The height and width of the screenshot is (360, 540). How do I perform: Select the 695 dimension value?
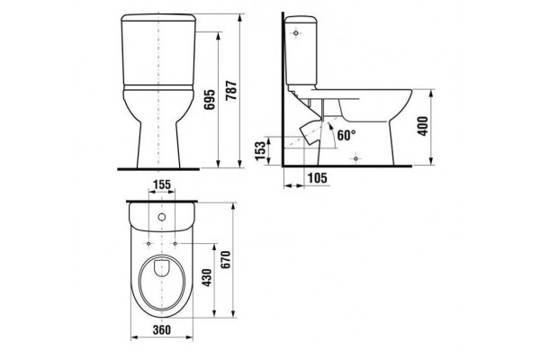tap(210, 100)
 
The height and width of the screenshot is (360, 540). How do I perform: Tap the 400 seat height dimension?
tap(423, 126)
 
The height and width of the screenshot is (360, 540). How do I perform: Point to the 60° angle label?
tap(346, 135)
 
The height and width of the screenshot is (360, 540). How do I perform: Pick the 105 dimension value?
tap(317, 178)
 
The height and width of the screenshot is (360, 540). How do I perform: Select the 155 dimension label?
tap(162, 185)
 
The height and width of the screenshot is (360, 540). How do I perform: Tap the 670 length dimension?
tap(226, 260)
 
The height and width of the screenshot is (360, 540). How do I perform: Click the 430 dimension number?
tap(207, 278)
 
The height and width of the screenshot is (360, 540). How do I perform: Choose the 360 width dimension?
tap(162, 329)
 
